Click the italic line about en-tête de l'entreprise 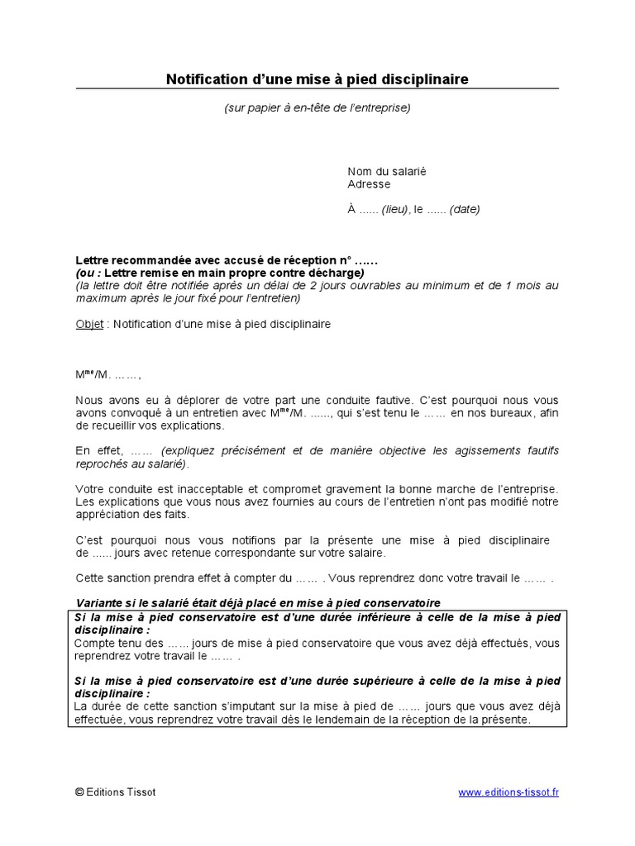pos(317,107)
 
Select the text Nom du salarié pos(386,172)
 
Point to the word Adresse pos(369,184)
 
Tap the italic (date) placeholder pos(465,210)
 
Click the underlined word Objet pos(89,325)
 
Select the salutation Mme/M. pos(93,375)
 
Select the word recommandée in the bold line pos(146,260)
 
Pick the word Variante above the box pos(100,602)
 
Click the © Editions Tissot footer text pos(115,792)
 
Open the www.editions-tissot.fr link pos(508,792)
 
